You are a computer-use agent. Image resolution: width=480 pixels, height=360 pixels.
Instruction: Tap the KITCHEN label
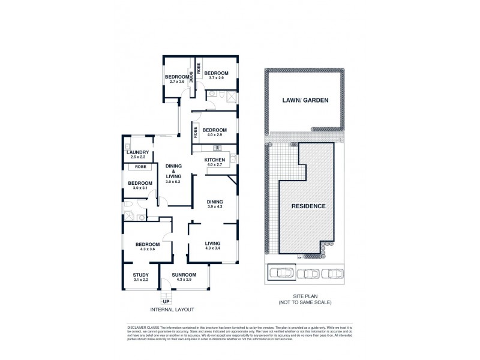pyautogui.click(x=214, y=159)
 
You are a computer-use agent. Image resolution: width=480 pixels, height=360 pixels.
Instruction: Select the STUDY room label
pyautogui.click(x=140, y=275)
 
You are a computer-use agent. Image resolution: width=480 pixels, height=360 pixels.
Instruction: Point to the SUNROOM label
pyautogui.click(x=184, y=275)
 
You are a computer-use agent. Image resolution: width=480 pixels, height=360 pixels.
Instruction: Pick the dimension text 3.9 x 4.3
pyautogui.click(x=214, y=206)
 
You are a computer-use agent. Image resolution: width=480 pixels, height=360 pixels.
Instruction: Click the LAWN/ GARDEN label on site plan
pyautogui.click(x=305, y=100)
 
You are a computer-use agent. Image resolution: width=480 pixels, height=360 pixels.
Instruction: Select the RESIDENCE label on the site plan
pyautogui.click(x=308, y=206)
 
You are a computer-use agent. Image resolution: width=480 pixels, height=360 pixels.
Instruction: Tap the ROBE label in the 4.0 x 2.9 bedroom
pyautogui.click(x=196, y=131)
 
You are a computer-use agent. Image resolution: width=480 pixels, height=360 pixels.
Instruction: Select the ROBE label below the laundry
pyautogui.click(x=140, y=166)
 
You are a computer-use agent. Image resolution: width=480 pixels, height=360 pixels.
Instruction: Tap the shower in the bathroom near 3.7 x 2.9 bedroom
pyautogui.click(x=231, y=96)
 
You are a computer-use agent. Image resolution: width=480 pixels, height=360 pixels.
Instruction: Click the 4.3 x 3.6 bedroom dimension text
pyautogui.click(x=147, y=250)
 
